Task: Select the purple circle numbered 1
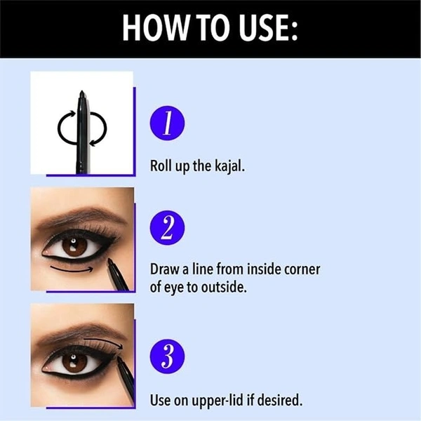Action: [x=167, y=123]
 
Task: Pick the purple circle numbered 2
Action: [x=167, y=227]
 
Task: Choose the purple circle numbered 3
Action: [x=167, y=356]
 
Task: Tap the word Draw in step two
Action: [x=164, y=269]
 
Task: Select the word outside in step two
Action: [x=224, y=288]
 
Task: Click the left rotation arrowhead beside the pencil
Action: [x=72, y=114]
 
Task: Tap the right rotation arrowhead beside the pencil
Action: [x=93, y=143]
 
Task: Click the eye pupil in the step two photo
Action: [x=73, y=244]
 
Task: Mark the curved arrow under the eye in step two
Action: [x=72, y=270]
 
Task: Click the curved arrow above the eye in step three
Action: [x=104, y=342]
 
